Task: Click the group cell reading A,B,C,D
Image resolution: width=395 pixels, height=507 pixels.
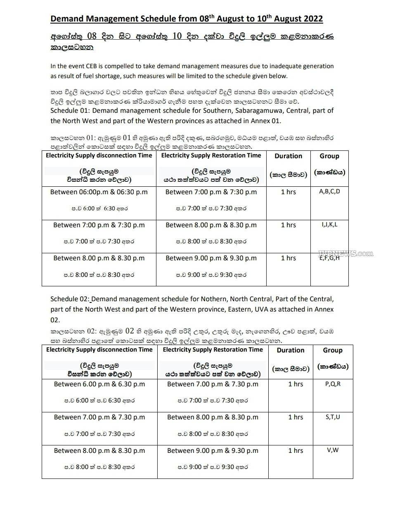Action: [329, 191]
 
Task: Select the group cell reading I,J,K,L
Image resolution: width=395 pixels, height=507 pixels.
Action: [329, 225]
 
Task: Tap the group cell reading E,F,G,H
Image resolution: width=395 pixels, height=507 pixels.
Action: [329, 258]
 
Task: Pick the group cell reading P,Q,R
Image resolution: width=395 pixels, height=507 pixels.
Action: [333, 384]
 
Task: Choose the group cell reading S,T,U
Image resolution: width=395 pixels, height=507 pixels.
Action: [333, 417]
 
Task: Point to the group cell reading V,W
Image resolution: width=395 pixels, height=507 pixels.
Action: [333, 450]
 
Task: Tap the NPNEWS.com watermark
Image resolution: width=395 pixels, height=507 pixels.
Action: [345, 253]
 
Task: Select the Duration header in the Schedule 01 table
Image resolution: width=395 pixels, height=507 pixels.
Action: [288, 156]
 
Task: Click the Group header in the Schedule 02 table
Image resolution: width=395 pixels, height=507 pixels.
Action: [333, 350]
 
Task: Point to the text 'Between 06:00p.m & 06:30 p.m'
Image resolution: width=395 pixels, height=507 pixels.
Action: [99, 192]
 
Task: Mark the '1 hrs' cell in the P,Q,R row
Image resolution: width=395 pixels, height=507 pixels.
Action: [296, 384]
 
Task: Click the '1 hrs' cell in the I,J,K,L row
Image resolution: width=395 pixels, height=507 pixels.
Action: [288, 225]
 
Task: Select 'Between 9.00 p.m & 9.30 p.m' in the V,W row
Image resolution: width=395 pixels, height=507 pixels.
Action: [213, 450]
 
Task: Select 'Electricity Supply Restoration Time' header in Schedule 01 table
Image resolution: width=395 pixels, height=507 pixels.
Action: [211, 156]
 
